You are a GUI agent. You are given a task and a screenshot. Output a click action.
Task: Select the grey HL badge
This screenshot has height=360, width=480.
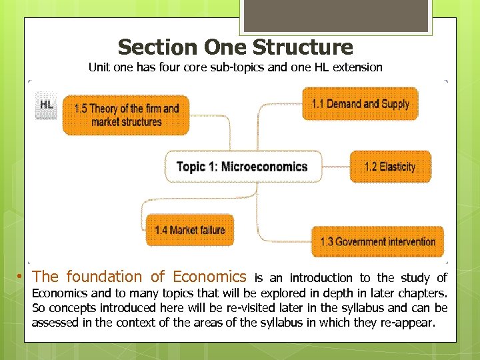coord(47,106)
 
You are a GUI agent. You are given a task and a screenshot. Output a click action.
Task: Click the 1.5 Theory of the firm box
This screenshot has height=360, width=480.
coord(126,115)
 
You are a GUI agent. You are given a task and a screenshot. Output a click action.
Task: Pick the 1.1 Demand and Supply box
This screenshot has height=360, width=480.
coord(360,104)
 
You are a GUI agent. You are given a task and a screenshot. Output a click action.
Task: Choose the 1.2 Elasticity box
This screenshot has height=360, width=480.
coord(390,167)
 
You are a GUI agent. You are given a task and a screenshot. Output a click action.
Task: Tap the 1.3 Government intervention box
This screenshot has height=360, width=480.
coord(377,241)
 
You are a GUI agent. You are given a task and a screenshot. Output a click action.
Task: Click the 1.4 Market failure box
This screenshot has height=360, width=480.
coord(190,231)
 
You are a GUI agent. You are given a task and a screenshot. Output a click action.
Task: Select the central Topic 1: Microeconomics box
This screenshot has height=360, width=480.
coord(243,167)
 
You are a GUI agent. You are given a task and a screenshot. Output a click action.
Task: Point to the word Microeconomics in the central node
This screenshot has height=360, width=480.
coord(265,167)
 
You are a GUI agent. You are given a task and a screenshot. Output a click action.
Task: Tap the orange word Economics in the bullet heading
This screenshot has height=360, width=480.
coord(209,277)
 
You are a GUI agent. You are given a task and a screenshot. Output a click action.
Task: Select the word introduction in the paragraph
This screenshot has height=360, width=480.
coord(321,278)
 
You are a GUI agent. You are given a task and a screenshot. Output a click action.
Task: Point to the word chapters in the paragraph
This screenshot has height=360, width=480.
coord(425,293)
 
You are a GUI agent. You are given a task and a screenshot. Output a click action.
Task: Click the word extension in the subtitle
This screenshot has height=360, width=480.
coord(359,67)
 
